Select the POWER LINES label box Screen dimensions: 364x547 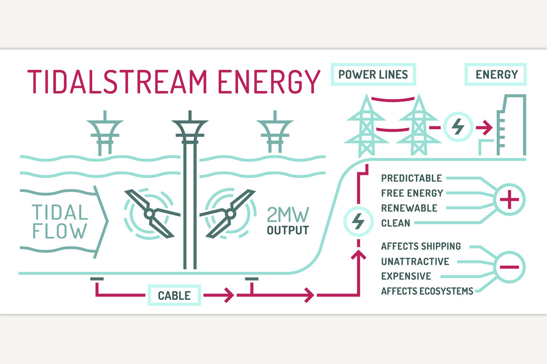click(x=373, y=74)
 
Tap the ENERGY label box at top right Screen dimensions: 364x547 click(x=496, y=74)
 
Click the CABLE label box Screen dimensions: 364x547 click(x=174, y=296)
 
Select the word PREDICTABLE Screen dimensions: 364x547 click(x=411, y=178)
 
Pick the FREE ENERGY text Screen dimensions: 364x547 click(x=412, y=193)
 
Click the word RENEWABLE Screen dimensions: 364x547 click(x=409, y=208)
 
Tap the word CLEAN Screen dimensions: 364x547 click(x=396, y=223)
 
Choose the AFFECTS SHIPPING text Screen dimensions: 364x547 click(x=421, y=246)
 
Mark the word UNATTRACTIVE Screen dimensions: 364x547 click(x=415, y=261)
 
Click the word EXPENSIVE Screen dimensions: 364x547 click(x=406, y=276)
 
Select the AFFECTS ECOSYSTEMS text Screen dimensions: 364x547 click(x=427, y=291)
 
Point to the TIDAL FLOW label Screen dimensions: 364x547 click(x=59, y=222)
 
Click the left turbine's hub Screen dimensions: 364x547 click(x=149, y=214)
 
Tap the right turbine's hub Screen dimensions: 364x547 click(x=231, y=214)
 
